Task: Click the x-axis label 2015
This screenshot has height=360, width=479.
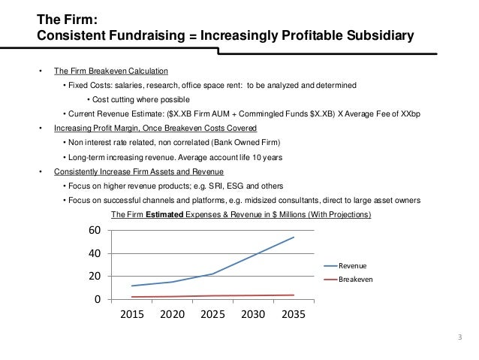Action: (133, 316)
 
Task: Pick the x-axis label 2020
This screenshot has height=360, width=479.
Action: (173, 316)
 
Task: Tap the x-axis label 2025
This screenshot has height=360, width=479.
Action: (213, 316)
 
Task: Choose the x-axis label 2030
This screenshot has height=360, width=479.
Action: (253, 316)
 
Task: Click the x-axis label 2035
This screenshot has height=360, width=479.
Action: (294, 316)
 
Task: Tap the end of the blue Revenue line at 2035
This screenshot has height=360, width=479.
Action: (294, 237)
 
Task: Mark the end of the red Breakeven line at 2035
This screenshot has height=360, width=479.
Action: (294, 295)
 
